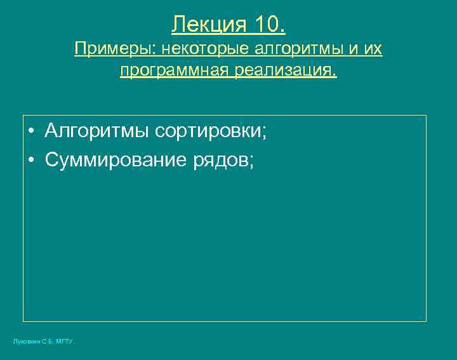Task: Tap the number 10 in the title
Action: [268, 25]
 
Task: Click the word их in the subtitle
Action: [374, 49]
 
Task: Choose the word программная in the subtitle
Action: [173, 70]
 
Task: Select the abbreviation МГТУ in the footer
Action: [65, 342]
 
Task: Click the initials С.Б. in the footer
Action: [48, 342]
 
